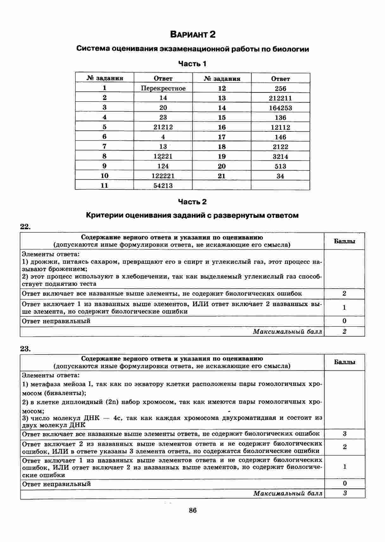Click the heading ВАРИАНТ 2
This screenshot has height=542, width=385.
(192, 34)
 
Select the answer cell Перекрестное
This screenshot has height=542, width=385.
(163, 88)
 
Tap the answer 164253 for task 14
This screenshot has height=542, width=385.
(281, 108)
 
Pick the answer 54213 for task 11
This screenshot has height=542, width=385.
(163, 186)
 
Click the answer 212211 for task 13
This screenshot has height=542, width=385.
(281, 98)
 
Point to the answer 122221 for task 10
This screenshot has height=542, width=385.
(163, 176)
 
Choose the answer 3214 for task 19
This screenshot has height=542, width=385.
(281, 156)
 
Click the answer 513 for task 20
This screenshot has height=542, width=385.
(281, 166)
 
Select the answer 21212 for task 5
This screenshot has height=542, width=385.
(163, 127)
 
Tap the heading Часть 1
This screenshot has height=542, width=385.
(192, 64)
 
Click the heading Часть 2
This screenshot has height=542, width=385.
(192, 202)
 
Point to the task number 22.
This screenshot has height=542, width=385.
(25, 226)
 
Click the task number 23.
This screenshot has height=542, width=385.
(25, 349)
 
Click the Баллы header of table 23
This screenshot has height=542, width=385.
(344, 362)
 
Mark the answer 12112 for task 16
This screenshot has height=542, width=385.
(281, 127)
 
